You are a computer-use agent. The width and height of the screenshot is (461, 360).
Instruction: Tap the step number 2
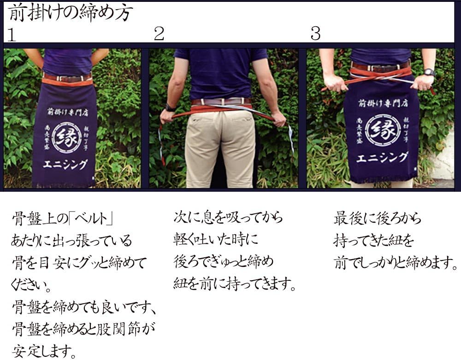point(159,34)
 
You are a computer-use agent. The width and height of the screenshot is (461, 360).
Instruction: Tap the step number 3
point(315,34)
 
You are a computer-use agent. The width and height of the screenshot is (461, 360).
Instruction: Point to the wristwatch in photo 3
point(429,72)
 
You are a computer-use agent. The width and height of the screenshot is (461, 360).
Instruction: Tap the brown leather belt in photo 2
point(221,101)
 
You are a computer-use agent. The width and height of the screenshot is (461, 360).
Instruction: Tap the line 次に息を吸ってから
point(228,217)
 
